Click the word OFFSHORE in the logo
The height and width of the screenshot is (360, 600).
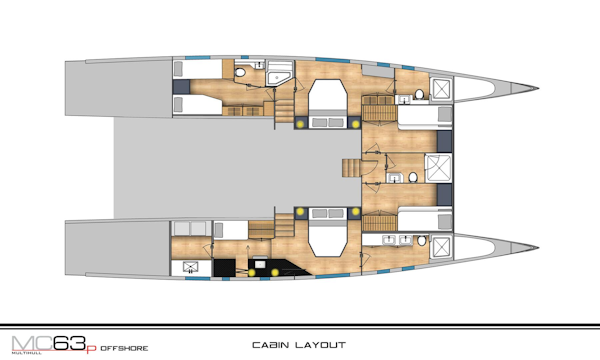tap(124, 349)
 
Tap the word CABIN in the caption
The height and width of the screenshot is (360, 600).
tap(271, 345)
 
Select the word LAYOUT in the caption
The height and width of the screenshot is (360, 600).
tap(321, 345)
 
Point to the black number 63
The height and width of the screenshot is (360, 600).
tap(69, 343)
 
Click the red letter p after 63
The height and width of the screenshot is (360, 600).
tap(91, 349)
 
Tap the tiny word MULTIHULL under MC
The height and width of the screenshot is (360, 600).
tap(26, 353)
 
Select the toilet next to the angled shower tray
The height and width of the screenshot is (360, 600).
tap(240, 72)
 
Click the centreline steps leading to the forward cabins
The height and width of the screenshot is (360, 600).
tap(351, 168)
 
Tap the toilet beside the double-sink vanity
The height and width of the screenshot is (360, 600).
tap(422, 241)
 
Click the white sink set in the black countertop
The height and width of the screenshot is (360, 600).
tap(261, 264)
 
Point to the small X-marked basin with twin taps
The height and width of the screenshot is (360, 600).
tap(190, 267)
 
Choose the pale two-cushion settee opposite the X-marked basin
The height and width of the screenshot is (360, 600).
tap(191, 228)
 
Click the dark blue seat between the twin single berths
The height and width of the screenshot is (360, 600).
tap(181, 86)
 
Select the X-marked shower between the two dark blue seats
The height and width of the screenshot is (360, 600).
tap(438, 168)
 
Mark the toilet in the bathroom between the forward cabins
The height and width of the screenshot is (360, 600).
tap(413, 177)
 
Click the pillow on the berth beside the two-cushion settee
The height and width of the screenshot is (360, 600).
tap(218, 230)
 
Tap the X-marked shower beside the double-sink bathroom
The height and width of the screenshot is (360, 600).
tap(441, 247)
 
